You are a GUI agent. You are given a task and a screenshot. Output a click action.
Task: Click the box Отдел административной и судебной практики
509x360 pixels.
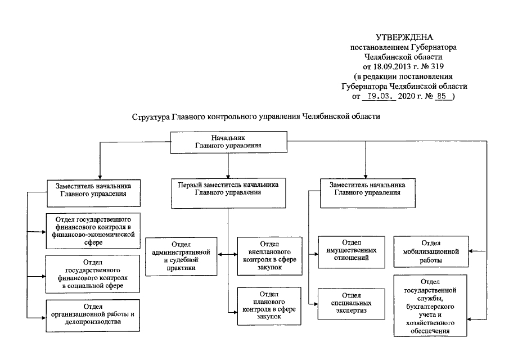coord(181,256)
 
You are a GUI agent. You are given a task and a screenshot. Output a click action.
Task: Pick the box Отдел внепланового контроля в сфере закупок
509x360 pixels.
coord(268,256)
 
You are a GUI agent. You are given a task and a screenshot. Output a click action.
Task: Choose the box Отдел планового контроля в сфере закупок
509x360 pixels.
coord(268,305)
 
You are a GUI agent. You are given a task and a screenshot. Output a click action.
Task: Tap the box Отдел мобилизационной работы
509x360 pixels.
coord(430,251)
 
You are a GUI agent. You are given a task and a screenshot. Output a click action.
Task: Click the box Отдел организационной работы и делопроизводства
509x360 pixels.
coord(93,316)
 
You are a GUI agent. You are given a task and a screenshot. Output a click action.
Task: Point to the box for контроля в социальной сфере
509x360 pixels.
coord(93,274)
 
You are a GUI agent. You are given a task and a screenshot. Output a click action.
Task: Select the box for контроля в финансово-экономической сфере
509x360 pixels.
coord(93,231)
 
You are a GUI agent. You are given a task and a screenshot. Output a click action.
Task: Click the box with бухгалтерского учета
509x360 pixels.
coord(430,304)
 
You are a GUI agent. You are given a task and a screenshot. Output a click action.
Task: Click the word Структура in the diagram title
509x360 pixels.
coord(151,118)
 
